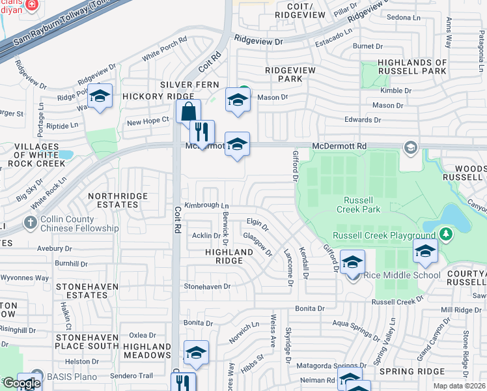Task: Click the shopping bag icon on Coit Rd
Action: pyautogui.click(x=188, y=111)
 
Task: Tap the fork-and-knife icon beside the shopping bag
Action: pyautogui.click(x=202, y=132)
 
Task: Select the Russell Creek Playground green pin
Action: pyautogui.click(x=445, y=233)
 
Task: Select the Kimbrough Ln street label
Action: pyautogui.click(x=206, y=205)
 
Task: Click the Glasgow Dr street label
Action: pyautogui.click(x=257, y=243)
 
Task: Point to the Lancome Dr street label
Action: pyautogui.click(x=288, y=267)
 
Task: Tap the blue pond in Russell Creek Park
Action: pyautogui.click(x=455, y=218)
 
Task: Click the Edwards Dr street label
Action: pyautogui.click(x=363, y=120)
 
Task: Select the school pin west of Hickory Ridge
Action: pyautogui.click(x=100, y=96)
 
